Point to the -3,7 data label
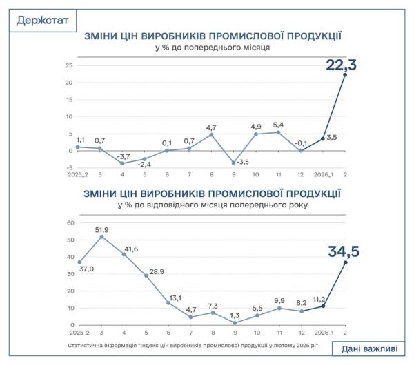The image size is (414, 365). [126, 157]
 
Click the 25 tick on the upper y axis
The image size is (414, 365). [69, 65]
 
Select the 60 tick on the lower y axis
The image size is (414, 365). [69, 222]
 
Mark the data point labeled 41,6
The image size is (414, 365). [124, 254]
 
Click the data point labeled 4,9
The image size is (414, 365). [256, 134]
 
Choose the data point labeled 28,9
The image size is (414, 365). [146, 275]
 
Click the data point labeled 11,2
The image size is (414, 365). [323, 306]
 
